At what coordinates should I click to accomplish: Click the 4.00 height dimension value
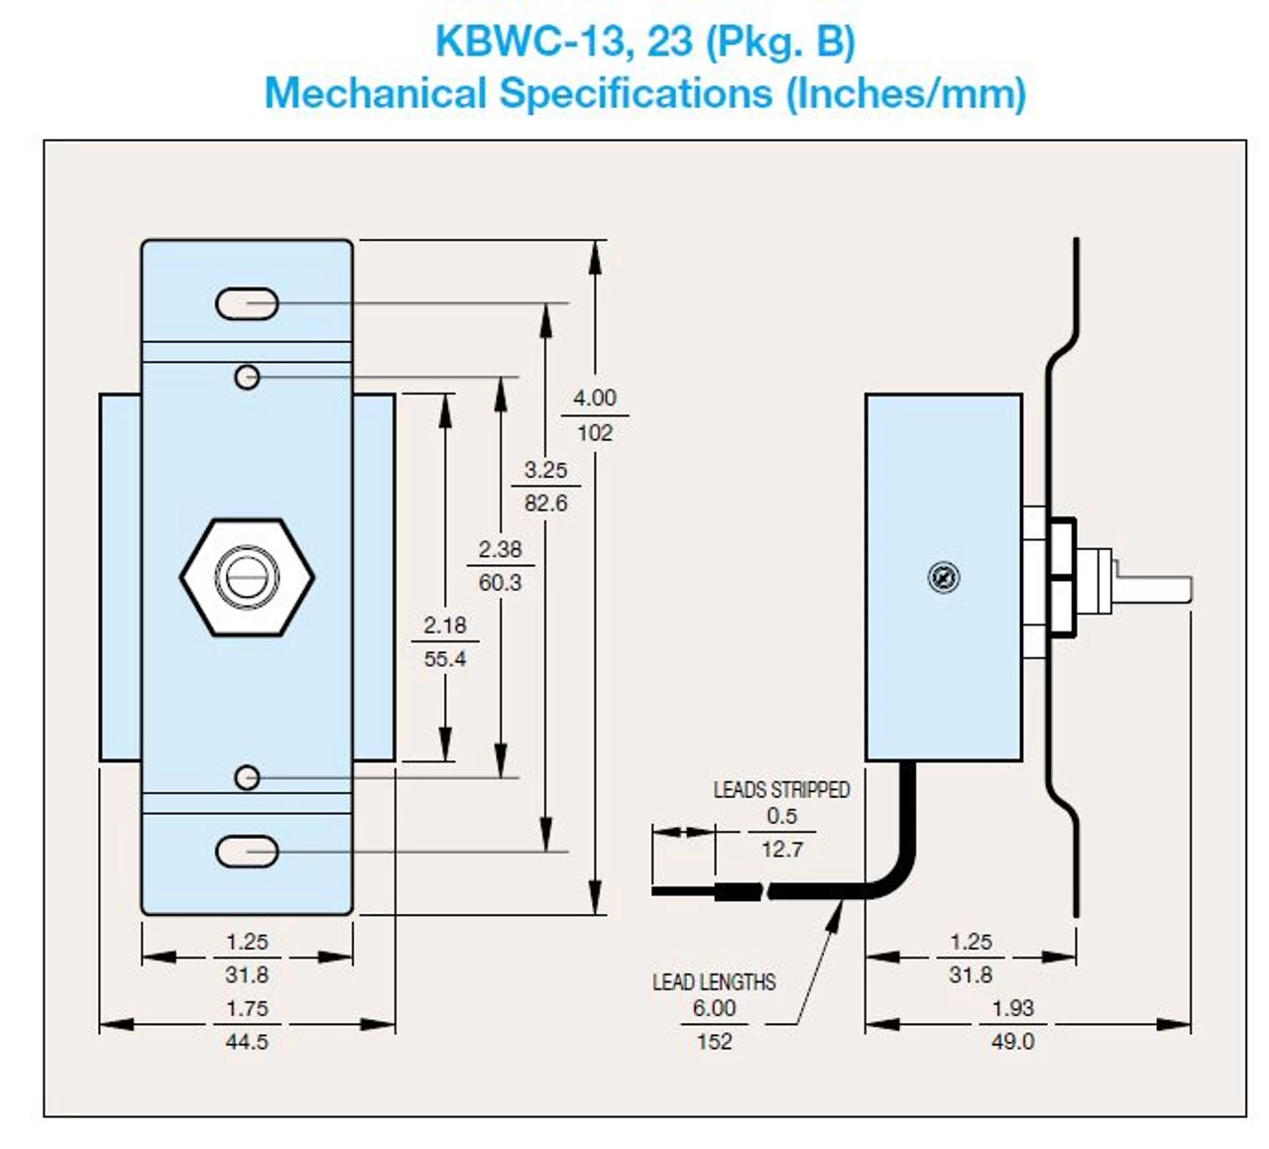(x=594, y=398)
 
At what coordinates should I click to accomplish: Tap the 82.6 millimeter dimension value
(x=545, y=504)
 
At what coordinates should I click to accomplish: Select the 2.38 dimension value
(x=500, y=549)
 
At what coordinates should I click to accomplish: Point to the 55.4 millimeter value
(x=444, y=659)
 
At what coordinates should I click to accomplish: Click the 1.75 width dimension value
(x=247, y=1008)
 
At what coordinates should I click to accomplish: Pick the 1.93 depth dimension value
(x=1012, y=1008)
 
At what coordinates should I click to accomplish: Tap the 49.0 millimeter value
(x=1012, y=1042)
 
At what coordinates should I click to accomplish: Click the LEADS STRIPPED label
(x=781, y=790)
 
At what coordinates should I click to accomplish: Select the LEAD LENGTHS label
(x=714, y=982)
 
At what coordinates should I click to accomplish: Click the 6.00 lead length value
(x=714, y=1008)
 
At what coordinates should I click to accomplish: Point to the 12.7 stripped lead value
(x=781, y=850)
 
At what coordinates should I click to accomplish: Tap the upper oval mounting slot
(x=247, y=303)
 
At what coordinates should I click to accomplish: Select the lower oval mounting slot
(x=247, y=852)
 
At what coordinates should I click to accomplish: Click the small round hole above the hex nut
(x=247, y=377)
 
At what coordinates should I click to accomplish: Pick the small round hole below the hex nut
(x=247, y=778)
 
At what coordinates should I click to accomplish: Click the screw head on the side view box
(x=943, y=577)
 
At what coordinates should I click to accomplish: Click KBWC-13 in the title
(x=530, y=42)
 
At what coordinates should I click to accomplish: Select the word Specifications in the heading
(x=635, y=94)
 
